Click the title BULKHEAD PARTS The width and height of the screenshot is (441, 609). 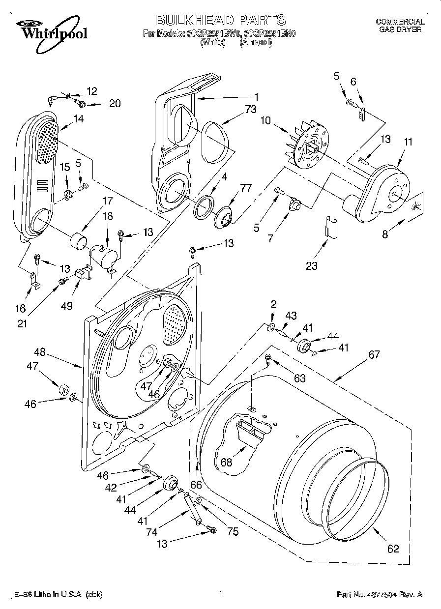220,20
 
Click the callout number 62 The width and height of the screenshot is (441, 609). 393,549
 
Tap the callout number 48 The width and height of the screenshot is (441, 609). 40,352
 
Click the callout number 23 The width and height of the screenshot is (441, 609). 312,266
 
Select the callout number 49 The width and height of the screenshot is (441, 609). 67,306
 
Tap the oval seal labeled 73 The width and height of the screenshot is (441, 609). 216,141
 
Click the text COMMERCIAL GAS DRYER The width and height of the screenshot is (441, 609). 400,26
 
